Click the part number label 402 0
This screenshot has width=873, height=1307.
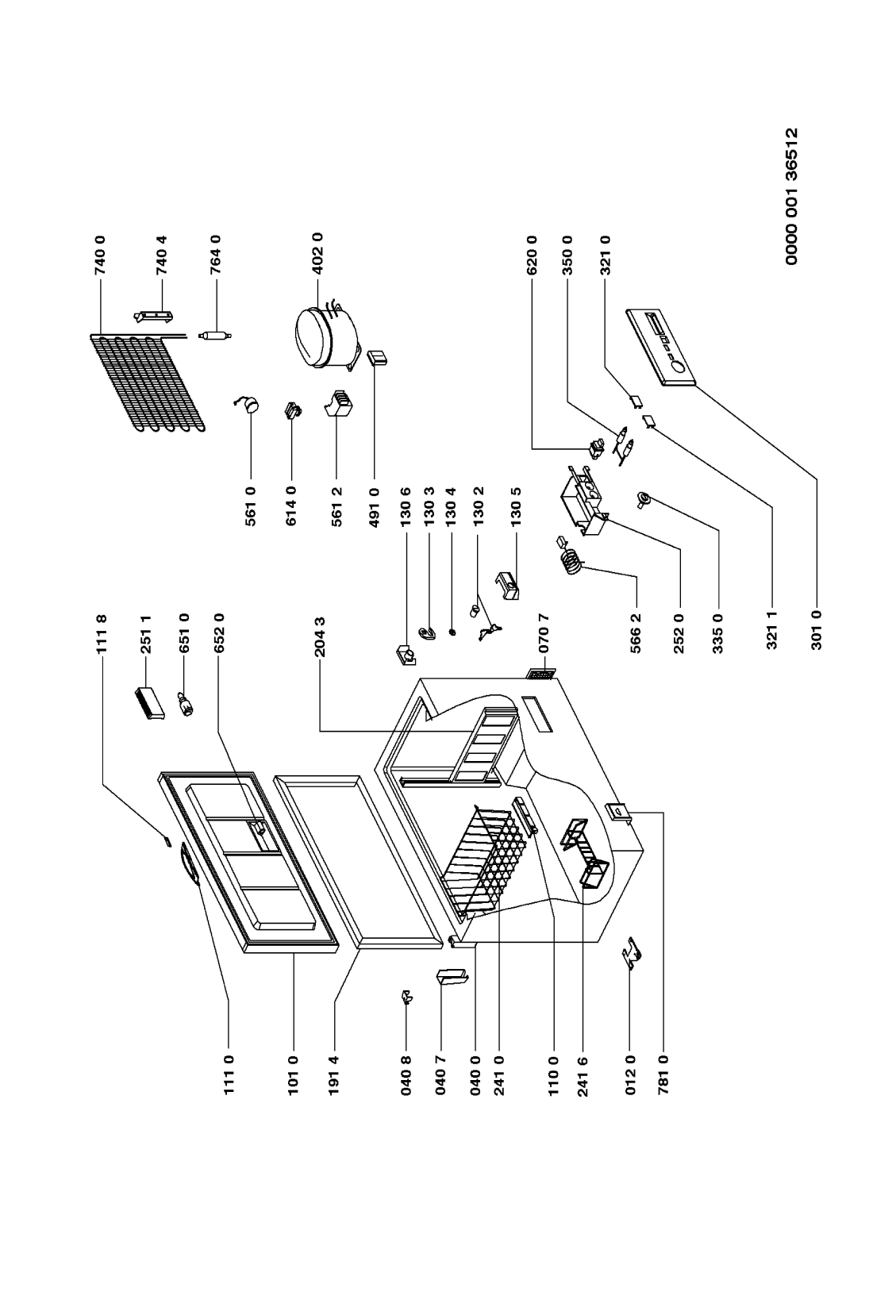click(318, 253)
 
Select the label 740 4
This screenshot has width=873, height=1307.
click(163, 253)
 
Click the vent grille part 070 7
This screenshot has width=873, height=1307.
click(540, 675)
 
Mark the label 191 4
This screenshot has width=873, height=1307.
click(333, 1072)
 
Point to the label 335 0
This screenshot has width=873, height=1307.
click(719, 631)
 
